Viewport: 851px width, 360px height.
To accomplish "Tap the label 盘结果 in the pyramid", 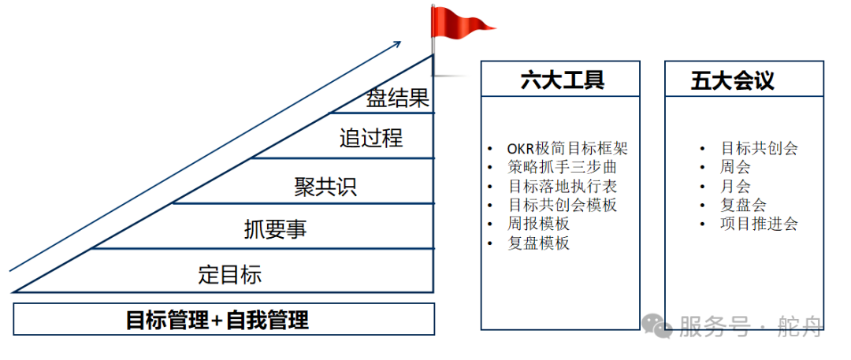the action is coord(398,98).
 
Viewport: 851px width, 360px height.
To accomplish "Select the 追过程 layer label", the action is coord(371,138).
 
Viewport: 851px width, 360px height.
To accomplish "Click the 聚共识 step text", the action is coord(325,187).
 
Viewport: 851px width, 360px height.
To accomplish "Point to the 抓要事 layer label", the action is coord(275,229).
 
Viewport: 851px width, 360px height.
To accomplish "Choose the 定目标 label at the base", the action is coord(229,274).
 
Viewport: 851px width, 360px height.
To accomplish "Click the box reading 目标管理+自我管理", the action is coord(224,319).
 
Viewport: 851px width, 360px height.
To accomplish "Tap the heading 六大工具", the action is coord(563,80).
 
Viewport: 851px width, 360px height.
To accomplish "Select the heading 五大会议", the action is coord(732,80).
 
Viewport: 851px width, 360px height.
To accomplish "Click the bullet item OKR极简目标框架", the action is coord(567,148).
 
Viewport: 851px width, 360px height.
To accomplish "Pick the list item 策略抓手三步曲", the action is coord(563,167).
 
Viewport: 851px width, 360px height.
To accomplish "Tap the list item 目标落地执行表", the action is coord(563,186).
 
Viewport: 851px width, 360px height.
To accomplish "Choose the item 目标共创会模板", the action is coord(563,206).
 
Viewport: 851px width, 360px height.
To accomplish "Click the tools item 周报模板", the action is coord(538,224).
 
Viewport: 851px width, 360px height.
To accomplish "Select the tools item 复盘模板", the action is coord(538,243).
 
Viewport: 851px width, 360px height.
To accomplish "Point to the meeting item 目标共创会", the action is coord(760,148).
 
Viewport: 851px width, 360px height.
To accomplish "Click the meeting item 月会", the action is coord(735,186).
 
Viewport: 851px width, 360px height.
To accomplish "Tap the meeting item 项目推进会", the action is coord(760,224).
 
